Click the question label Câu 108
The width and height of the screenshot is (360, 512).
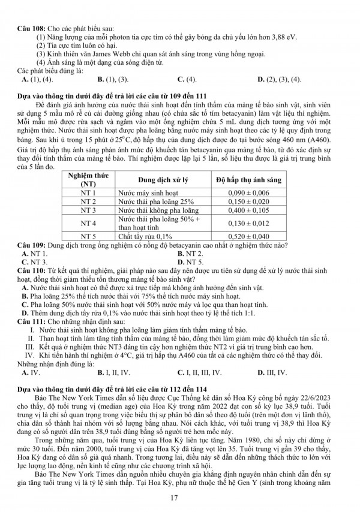pyautogui.click(x=26, y=29)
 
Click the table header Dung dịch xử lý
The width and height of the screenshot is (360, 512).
pyautogui.click(x=162, y=180)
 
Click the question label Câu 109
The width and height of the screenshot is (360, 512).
pyautogui.click(x=26, y=246)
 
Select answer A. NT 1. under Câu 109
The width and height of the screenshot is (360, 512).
pyautogui.click(x=35, y=254)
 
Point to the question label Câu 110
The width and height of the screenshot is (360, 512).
pyautogui.click(x=26, y=271)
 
